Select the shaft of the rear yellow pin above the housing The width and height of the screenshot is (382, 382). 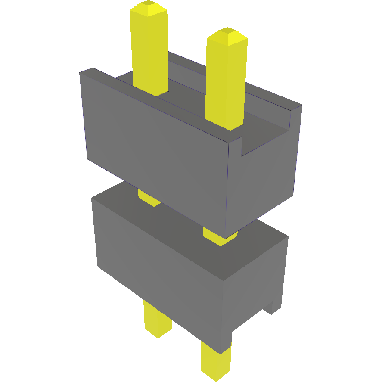pyautogui.click(x=149, y=52)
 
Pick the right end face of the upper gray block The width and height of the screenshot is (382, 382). pyautogui.click(x=263, y=181)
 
